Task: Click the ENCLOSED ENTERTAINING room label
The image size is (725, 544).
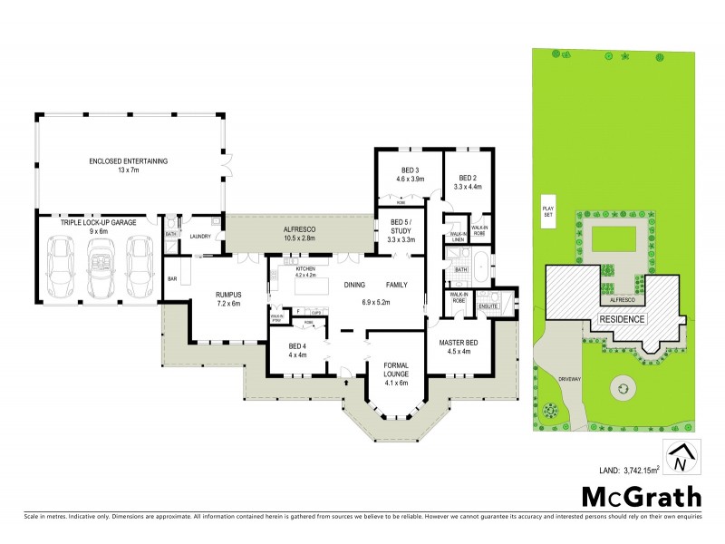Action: click(128, 166)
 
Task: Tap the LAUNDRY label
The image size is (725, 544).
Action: click(200, 237)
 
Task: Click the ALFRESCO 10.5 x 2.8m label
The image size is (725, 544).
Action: click(299, 234)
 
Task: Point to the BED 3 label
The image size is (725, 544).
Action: click(410, 174)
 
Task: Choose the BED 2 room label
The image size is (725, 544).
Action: click(468, 181)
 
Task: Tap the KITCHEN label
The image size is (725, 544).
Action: click(305, 269)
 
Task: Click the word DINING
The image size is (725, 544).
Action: click(354, 285)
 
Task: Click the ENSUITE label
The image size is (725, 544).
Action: click(488, 307)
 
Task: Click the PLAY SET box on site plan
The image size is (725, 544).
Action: click(546, 210)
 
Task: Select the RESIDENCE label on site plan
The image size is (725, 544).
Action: click(621, 319)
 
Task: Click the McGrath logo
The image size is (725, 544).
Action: click(641, 496)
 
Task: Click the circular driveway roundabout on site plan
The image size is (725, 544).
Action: click(623, 388)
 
